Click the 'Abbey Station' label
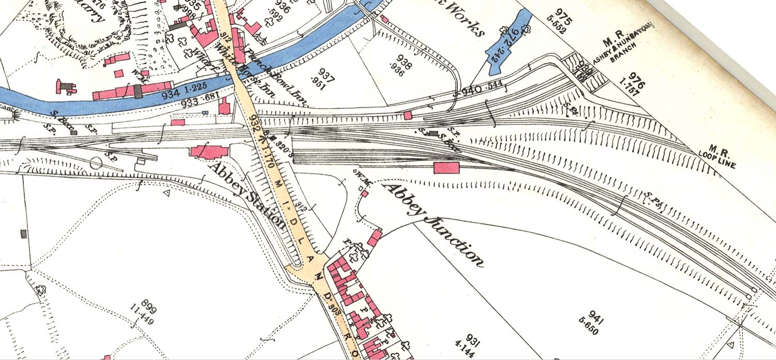pyautogui.click(x=247, y=196)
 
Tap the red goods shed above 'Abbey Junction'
pyautogui.click(x=446, y=167)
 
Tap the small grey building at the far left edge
pyautogui.click(x=23, y=234)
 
